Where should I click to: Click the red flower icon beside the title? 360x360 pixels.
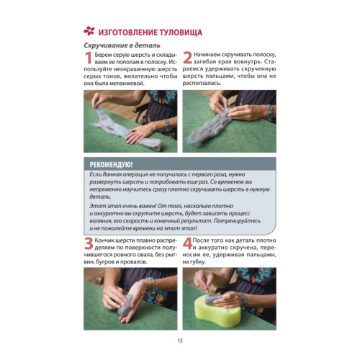89,31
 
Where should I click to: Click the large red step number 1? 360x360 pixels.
89,58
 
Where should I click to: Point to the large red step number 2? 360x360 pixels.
187,58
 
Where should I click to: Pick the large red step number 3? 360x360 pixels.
89,243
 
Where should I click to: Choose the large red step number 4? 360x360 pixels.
187,243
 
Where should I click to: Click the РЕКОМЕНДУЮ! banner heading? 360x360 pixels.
111,165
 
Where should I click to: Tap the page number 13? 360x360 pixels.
180,341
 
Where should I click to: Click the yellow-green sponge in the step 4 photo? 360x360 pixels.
217,312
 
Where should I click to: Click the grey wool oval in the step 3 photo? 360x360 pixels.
125,305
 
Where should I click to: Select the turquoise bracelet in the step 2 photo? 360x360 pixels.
271,110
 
